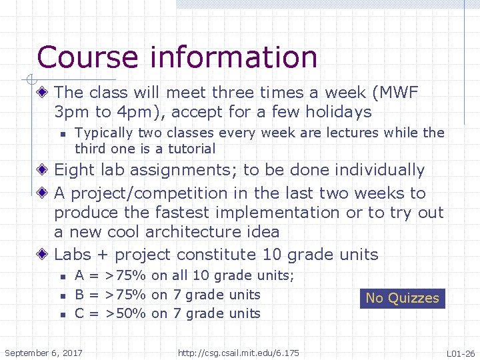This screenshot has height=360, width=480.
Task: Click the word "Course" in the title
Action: [x=89, y=57]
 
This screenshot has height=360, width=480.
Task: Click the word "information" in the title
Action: [x=234, y=57]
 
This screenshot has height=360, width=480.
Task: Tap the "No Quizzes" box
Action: [x=402, y=298]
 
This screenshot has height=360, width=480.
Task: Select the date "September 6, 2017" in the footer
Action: [x=43, y=353]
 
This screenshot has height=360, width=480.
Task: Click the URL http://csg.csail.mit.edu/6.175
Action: [x=238, y=353]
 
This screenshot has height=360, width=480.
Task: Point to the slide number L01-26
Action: [x=461, y=353]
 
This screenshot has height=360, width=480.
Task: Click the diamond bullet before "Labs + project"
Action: [x=43, y=255]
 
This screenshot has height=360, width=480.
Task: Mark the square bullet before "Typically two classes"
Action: [x=62, y=134]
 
